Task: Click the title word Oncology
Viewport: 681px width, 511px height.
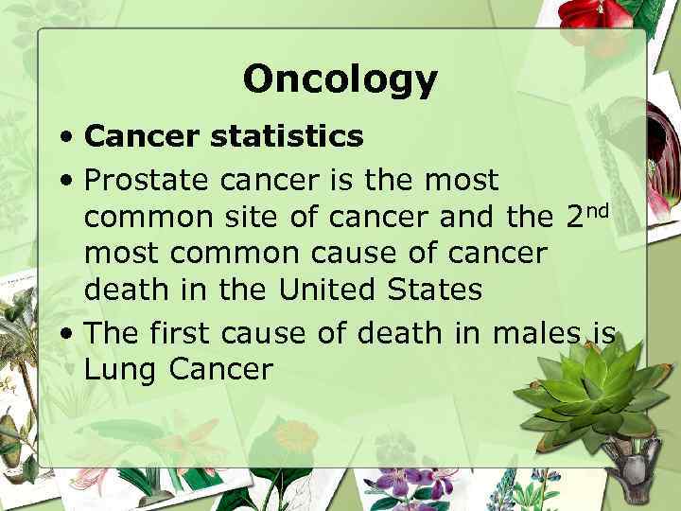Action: click(x=340, y=79)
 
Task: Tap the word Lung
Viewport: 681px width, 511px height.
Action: click(x=121, y=370)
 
